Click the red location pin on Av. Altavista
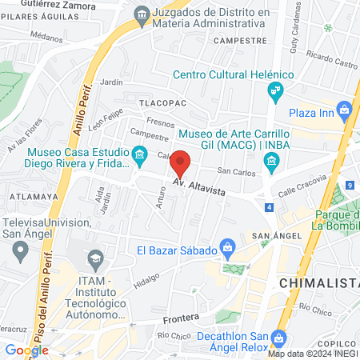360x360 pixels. (181, 162)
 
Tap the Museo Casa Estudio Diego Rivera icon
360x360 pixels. (140, 153)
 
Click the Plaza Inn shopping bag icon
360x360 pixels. (344, 109)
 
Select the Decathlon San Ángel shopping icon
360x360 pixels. (278, 337)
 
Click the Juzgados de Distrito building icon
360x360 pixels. (142, 13)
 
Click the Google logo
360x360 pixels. (26, 350)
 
